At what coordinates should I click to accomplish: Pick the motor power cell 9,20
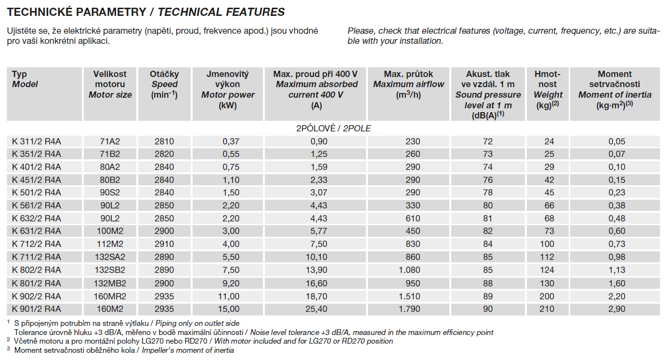click(x=228, y=283)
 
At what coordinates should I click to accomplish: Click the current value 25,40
click(x=315, y=309)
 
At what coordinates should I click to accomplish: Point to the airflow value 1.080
click(x=409, y=270)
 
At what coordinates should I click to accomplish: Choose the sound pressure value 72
click(x=488, y=141)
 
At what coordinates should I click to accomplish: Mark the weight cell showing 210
click(x=547, y=309)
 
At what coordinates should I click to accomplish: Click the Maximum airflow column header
click(x=408, y=84)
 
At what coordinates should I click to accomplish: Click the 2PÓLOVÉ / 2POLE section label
click(x=333, y=129)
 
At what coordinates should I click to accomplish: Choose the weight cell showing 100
click(x=547, y=244)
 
